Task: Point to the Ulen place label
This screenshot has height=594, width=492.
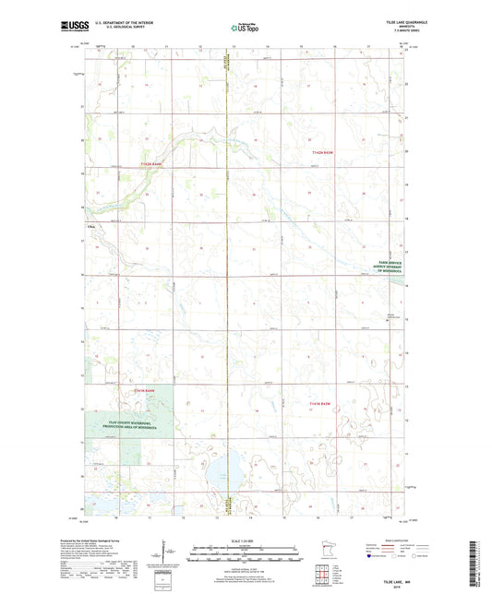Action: (x=90, y=224)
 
